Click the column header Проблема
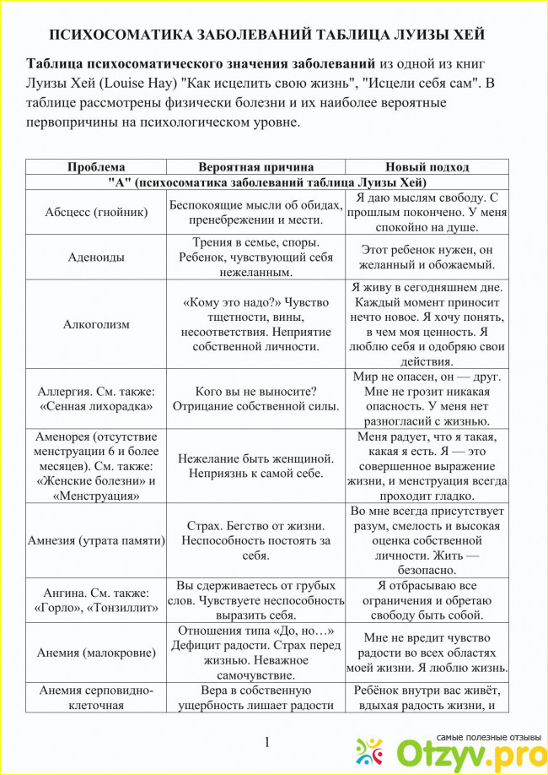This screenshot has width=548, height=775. pos(96,167)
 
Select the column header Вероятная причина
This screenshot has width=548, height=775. pos(255,167)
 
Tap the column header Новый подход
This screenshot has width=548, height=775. pos(427,167)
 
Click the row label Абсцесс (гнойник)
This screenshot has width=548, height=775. pos(96,212)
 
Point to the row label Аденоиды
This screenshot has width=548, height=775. pos(96,257)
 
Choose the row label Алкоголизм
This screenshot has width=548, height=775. pos(96,324)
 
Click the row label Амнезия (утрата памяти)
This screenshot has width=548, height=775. pos(96,539)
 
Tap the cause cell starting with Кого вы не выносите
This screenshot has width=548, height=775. pos(255,398)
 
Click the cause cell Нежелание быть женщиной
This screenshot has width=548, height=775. pos(255,466)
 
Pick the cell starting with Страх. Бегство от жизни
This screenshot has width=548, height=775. pos(255,539)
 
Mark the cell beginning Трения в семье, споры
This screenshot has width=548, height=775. pos(255,257)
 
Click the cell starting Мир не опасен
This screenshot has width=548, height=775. pos(427,398)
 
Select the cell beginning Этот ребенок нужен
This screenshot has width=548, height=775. pos(427,257)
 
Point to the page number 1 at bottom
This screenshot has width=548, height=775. pos(266,742)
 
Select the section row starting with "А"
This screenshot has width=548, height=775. pos(267,182)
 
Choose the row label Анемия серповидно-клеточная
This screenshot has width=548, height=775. pos(96,697)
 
